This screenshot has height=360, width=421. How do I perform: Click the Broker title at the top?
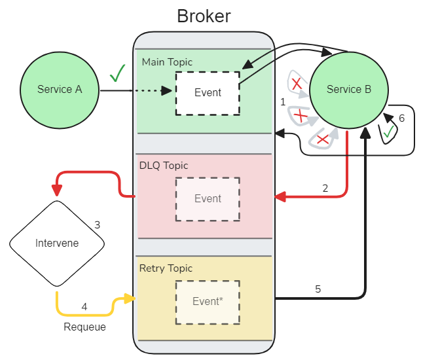click(x=204, y=16)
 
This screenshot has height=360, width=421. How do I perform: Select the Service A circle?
click(x=60, y=90)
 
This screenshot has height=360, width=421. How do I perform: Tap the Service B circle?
click(x=348, y=90)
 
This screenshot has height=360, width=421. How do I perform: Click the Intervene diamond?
click(x=57, y=243)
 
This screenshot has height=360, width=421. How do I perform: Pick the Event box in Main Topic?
click(x=208, y=93)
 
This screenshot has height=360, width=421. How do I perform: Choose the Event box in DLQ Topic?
click(x=208, y=199)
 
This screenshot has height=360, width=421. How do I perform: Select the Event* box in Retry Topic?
click(x=208, y=302)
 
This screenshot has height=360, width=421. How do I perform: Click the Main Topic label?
click(x=168, y=62)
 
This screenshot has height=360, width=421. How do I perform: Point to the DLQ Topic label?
click(x=164, y=166)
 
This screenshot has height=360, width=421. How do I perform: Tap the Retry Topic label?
click(x=166, y=268)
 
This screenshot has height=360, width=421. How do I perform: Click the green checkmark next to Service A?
click(x=117, y=73)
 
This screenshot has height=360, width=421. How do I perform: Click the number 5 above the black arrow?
click(x=318, y=289)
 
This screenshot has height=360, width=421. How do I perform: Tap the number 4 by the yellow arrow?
click(x=84, y=306)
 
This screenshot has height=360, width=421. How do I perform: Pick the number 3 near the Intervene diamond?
click(x=97, y=225)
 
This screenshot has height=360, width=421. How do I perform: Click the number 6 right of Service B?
click(x=402, y=118)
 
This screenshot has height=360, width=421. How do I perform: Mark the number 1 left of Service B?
click(x=283, y=102)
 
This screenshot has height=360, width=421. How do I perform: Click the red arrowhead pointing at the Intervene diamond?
click(x=57, y=190)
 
